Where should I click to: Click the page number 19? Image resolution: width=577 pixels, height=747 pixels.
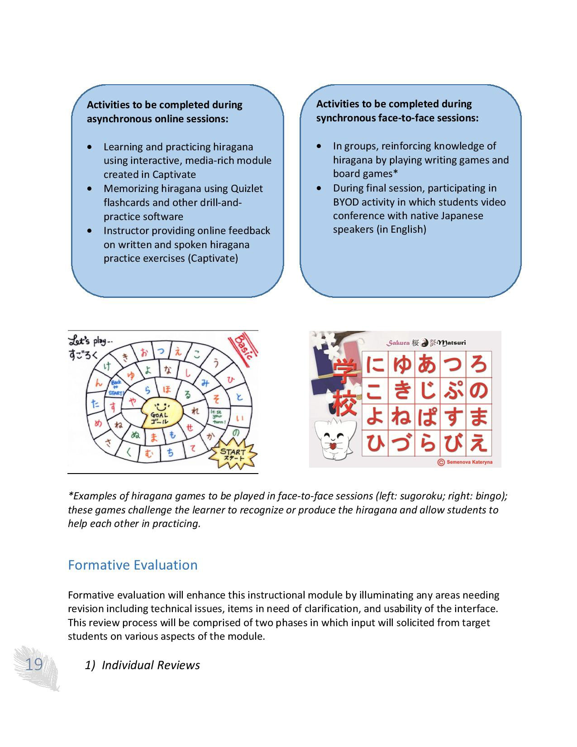(x=33, y=665)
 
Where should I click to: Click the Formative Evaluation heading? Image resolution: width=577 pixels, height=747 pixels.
(x=133, y=565)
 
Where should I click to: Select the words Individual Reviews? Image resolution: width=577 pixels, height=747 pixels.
(x=151, y=665)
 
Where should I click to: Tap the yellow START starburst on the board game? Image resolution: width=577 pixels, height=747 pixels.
(x=233, y=454)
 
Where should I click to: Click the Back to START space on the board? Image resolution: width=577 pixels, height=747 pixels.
(x=115, y=388)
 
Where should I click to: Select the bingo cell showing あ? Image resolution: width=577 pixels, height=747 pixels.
(x=426, y=364)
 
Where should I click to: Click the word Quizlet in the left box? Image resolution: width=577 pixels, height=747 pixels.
(x=247, y=188)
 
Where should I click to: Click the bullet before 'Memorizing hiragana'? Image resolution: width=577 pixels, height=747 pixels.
(x=91, y=188)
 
